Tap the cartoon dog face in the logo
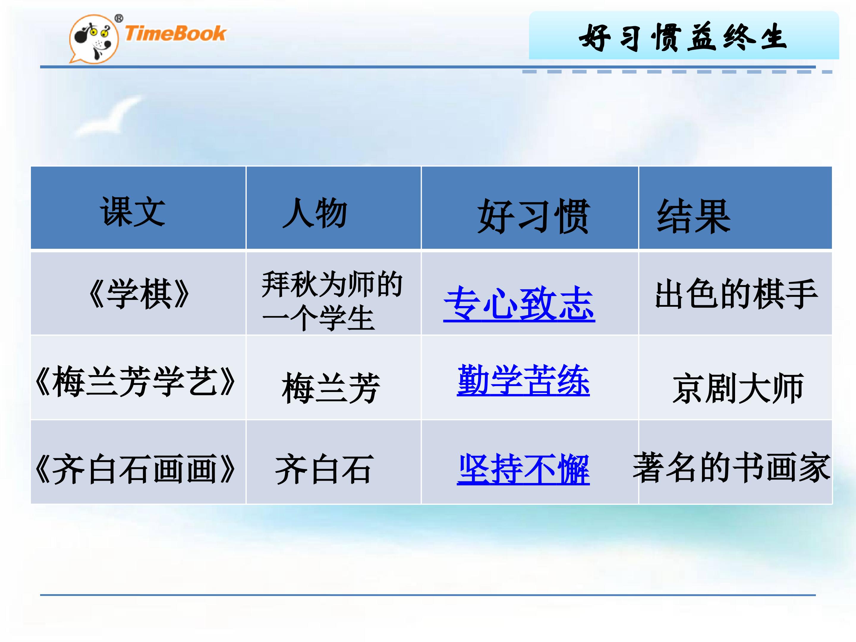[93, 39]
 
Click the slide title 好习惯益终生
[683, 37]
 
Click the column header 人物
[314, 213]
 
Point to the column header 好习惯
[533, 216]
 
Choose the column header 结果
[693, 216]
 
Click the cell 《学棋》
[138, 293]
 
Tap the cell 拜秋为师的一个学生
[332, 301]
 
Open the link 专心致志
[519, 304]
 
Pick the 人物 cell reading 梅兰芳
[331, 388]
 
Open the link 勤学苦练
[523, 380]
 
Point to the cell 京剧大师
[738, 388]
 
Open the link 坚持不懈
[523, 469]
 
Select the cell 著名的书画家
[731, 468]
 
